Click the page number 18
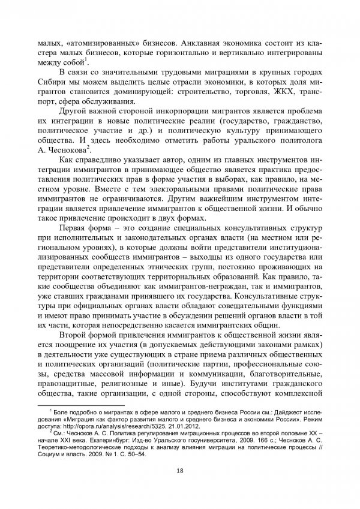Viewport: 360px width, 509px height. (180, 469)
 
